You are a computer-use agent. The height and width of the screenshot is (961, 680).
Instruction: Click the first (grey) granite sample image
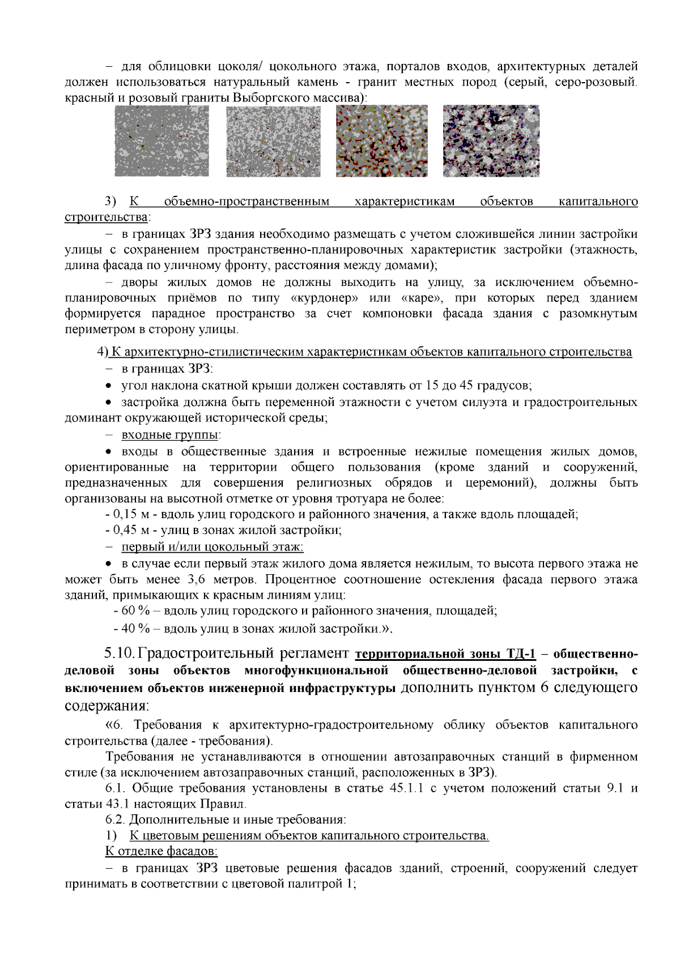tap(161, 140)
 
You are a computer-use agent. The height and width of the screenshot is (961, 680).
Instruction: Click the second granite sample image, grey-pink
tap(273, 140)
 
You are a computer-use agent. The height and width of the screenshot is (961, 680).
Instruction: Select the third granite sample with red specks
tap(381, 140)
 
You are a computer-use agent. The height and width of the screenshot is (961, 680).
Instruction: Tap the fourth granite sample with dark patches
tap(491, 140)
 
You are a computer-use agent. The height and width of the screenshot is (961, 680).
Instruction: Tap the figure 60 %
tap(136, 611)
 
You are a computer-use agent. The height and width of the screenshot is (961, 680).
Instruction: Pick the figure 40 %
tap(136, 629)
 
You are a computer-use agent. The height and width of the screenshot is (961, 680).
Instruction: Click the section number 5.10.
tap(120, 654)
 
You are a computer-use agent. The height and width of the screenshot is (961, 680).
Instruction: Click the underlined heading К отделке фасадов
tap(161, 851)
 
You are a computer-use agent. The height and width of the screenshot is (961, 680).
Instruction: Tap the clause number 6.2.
tap(115, 819)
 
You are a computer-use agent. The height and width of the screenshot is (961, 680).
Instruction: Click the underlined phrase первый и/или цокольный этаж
tap(212, 547)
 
